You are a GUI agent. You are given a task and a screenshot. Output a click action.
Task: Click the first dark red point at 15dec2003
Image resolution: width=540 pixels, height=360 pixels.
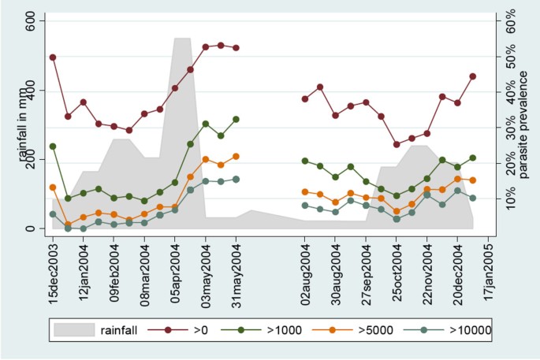point(53,58)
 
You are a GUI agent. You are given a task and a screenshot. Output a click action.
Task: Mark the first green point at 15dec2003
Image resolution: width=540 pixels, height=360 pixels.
point(53,147)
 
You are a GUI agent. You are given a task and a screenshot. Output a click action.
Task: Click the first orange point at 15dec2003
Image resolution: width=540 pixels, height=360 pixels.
point(53,187)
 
